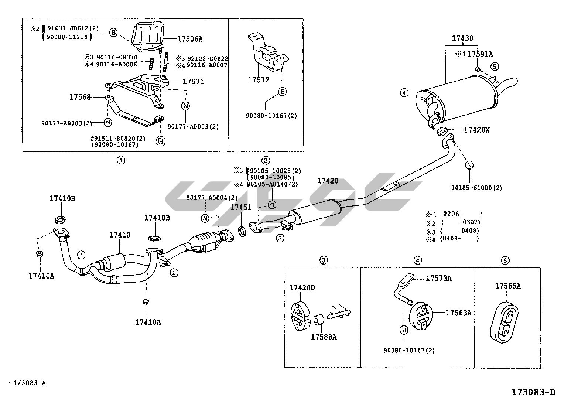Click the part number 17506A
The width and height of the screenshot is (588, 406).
190,39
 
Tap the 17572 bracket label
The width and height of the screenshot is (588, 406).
258,80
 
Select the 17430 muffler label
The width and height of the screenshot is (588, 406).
462,38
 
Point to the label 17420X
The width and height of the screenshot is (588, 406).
476,130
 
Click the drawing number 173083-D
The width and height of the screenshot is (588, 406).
533,392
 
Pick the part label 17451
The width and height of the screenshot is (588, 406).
241,208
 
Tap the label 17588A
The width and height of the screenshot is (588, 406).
323,337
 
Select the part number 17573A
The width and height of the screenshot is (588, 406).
438,279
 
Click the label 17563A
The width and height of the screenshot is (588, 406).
458,313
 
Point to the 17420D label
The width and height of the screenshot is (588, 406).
302,288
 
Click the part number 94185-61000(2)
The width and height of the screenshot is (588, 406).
476,188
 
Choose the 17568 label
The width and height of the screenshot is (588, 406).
80,97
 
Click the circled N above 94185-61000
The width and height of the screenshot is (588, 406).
469,165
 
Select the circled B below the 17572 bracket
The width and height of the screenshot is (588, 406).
282,92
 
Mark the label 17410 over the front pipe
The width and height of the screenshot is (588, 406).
119,235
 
